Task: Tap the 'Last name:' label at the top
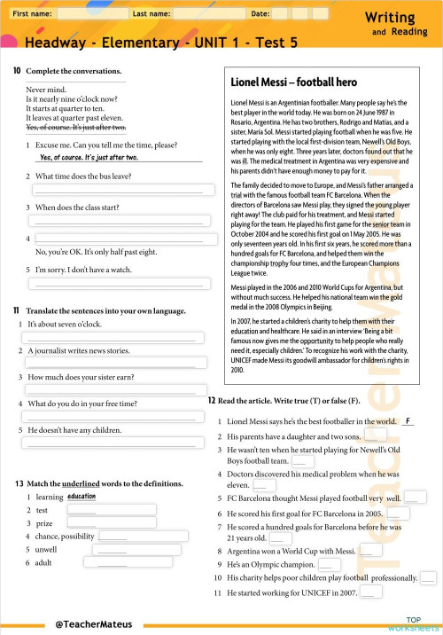pos(152,14)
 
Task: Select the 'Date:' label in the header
pos(260,14)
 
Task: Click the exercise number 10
pos(18,71)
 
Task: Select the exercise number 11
pos(18,310)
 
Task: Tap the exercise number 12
pos(212,401)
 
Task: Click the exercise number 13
pos(18,483)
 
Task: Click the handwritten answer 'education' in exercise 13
pos(81,497)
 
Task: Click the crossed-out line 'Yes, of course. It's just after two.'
pos(75,128)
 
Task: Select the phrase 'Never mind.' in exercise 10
pos(44,90)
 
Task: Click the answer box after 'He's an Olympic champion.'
pos(328,564)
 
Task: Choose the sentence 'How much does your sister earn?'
pos(81,377)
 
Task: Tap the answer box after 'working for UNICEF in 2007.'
pos(371,592)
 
